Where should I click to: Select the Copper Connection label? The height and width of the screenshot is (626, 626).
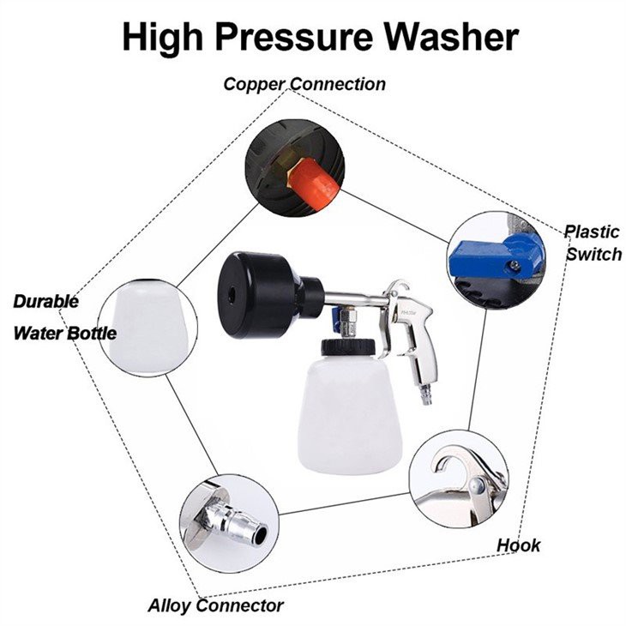click(304, 84)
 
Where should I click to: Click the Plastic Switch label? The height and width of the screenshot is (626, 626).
click(593, 243)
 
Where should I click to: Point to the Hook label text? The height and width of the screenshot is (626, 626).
click(519, 545)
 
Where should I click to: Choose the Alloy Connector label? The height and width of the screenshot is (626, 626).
click(215, 605)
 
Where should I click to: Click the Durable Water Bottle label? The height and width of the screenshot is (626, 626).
click(64, 317)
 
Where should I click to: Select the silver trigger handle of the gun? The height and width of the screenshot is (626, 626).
click(419, 343)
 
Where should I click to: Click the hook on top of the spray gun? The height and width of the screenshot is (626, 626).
click(398, 286)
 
